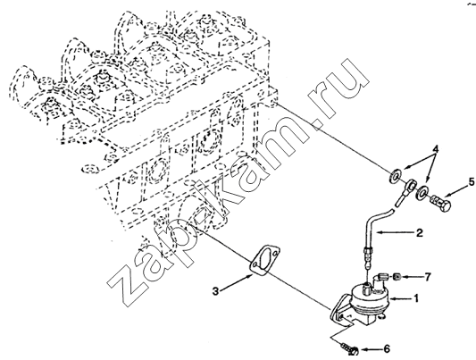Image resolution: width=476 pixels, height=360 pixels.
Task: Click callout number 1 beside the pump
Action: point(416,298)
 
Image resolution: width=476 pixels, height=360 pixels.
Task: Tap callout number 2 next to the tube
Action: point(419,233)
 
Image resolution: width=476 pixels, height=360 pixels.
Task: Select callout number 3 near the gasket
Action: point(215,291)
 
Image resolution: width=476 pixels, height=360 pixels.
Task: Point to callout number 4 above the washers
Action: point(436,149)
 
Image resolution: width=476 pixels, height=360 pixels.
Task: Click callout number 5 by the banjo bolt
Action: point(472,182)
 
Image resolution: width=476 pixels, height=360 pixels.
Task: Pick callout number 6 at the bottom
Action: point(387,348)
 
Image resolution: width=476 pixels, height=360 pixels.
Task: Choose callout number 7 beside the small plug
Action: point(427,277)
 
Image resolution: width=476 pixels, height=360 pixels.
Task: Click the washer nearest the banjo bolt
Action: point(422,192)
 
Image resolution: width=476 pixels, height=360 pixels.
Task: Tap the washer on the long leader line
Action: point(395,175)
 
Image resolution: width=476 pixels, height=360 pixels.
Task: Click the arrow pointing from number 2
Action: point(394,233)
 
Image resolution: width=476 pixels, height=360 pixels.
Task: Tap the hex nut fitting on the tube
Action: point(368,251)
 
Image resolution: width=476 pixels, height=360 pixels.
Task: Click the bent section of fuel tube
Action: point(371,220)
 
